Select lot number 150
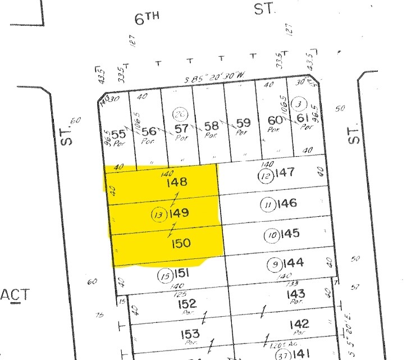click(x=181, y=244)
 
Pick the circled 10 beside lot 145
click(x=272, y=235)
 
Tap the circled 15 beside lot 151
click(x=164, y=276)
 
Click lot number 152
click(x=187, y=304)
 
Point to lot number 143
click(x=295, y=294)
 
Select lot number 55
click(x=118, y=134)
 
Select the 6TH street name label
click(x=147, y=19)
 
